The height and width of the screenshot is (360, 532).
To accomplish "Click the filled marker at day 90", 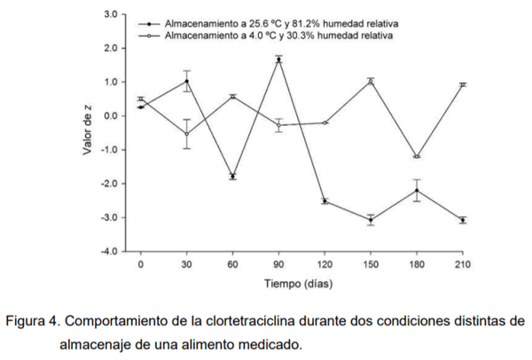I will point(278,59).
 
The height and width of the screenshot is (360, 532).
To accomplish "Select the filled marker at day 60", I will point(232,176).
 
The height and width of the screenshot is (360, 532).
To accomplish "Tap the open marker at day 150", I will point(371,82).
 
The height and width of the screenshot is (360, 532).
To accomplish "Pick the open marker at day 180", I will point(417,157).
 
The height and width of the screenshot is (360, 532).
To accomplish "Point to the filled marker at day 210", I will point(463,220).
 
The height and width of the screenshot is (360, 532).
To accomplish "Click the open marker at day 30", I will point(186,134).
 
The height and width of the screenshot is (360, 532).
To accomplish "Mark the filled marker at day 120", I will point(325,201).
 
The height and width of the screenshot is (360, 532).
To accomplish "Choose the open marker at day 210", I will point(463,84).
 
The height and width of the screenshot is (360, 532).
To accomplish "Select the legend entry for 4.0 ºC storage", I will point(275,35).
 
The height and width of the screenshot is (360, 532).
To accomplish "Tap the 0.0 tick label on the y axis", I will point(111,116).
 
